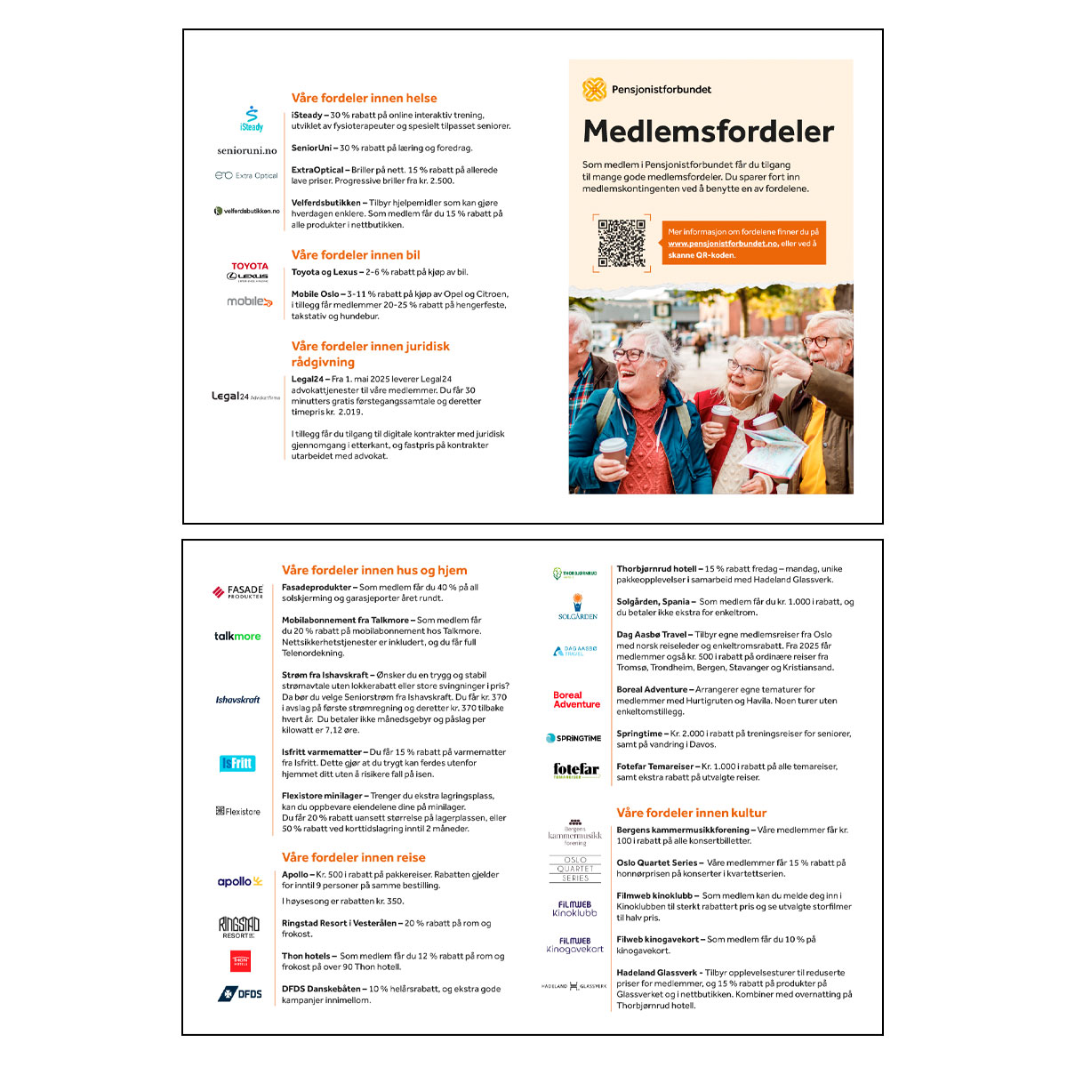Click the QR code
tap(622, 244)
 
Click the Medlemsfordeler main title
tap(708, 132)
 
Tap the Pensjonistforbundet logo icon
tap(594, 89)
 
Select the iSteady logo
tap(252, 119)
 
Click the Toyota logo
tap(250, 266)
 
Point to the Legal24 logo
tap(245, 397)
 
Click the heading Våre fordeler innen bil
tap(356, 255)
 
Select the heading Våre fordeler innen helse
tap(364, 99)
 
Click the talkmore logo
tap(237, 637)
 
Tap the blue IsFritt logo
tap(237, 763)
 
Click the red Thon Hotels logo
tap(240, 961)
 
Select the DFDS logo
tap(240, 993)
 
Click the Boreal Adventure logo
tap(576, 700)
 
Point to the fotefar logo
tap(576, 770)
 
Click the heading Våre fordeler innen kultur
tap(691, 813)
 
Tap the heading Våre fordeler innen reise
tap(353, 858)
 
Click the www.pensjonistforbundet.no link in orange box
tap(722, 244)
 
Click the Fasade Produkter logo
tap(238, 592)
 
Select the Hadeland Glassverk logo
tap(574, 986)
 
